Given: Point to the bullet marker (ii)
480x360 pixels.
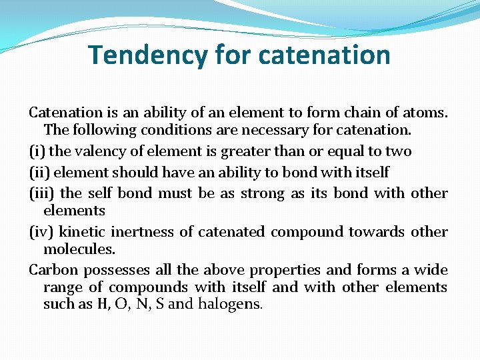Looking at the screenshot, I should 39,172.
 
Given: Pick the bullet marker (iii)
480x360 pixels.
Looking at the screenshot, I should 41,193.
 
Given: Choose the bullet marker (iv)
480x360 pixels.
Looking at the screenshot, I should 41,232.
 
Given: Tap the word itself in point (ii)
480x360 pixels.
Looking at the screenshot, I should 371,172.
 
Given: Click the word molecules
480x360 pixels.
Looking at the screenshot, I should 79,249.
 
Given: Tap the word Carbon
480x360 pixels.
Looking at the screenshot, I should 53,270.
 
